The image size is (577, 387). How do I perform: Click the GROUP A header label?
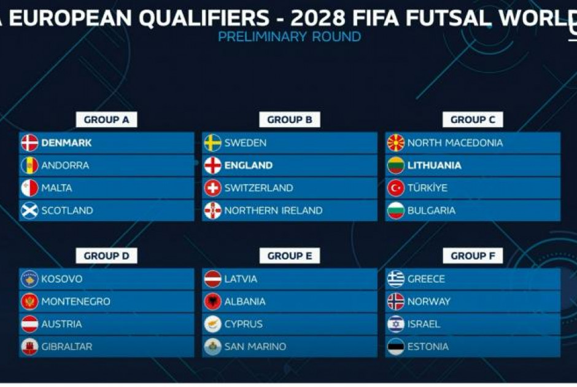point(106,120)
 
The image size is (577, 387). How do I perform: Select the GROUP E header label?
point(290,256)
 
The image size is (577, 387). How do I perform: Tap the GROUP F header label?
point(473,256)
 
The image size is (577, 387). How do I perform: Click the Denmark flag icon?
point(29,143)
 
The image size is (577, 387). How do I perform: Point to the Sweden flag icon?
point(212,143)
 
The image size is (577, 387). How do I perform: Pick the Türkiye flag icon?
point(396,188)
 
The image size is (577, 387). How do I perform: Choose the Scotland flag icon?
point(29,211)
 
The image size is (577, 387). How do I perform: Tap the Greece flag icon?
point(396,279)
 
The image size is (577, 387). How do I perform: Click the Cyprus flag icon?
point(212,324)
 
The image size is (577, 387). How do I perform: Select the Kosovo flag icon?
point(29,279)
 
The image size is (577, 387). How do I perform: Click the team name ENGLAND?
point(248,165)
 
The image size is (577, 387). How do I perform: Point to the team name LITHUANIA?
point(434,165)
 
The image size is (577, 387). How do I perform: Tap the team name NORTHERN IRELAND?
point(273,211)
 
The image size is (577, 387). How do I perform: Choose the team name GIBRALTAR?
point(66,346)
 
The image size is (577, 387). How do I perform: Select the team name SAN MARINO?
point(255,346)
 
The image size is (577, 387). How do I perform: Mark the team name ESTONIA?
point(428,346)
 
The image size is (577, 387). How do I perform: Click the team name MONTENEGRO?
point(76,302)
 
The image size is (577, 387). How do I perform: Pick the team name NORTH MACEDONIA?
point(455,143)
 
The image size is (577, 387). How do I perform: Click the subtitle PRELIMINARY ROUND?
point(289,37)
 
